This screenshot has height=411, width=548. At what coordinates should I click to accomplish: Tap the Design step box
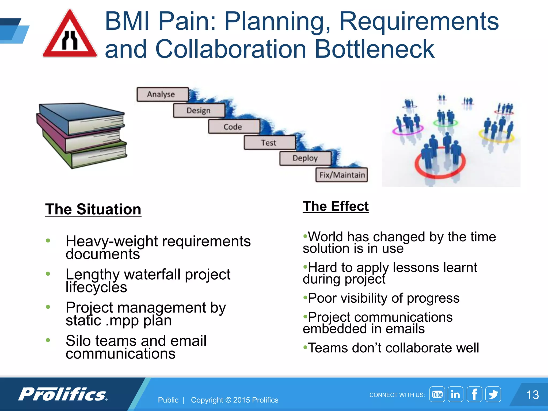(x=199, y=111)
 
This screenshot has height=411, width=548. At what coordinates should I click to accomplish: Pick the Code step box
(x=234, y=127)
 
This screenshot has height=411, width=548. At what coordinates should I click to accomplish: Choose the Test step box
(x=269, y=143)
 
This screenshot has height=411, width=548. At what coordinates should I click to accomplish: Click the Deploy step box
(x=305, y=158)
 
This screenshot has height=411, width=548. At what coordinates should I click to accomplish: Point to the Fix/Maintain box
(x=342, y=175)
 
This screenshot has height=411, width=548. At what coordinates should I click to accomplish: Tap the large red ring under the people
(x=440, y=171)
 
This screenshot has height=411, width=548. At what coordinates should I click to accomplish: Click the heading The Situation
(x=93, y=209)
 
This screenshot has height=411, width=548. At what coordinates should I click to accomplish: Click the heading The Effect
(x=336, y=206)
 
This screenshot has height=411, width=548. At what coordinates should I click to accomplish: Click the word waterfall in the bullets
(x=152, y=274)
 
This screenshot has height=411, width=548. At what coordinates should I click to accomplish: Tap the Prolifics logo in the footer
(x=63, y=394)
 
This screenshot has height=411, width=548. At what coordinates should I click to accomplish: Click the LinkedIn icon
(x=455, y=394)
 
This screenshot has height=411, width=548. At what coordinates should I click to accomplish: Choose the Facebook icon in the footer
(x=474, y=394)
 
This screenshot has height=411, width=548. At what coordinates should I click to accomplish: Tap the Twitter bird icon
(x=493, y=394)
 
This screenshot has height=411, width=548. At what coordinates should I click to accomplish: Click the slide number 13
(x=532, y=395)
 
